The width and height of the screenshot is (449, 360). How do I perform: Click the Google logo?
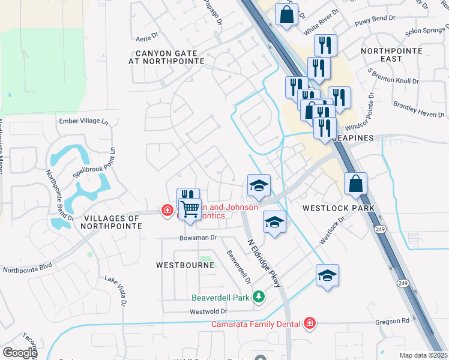tap(20, 352)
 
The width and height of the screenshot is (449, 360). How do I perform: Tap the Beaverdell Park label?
tap(220, 297)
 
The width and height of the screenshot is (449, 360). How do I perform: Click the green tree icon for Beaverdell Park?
tap(259, 296)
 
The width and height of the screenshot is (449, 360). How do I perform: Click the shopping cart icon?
tap(190, 209)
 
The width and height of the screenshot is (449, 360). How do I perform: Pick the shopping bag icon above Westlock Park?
tap(355, 184)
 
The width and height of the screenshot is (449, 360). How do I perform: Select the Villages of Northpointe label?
tap(113, 222)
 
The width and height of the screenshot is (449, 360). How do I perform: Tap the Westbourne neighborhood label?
tap(185, 265)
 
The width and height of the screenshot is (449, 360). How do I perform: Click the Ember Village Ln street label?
tap(83, 121)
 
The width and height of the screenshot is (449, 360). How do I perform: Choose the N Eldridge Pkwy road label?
tap(265, 262)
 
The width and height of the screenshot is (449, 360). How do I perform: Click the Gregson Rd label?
tap(393, 321)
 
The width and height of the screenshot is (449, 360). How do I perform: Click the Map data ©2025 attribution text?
tap(423, 355)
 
